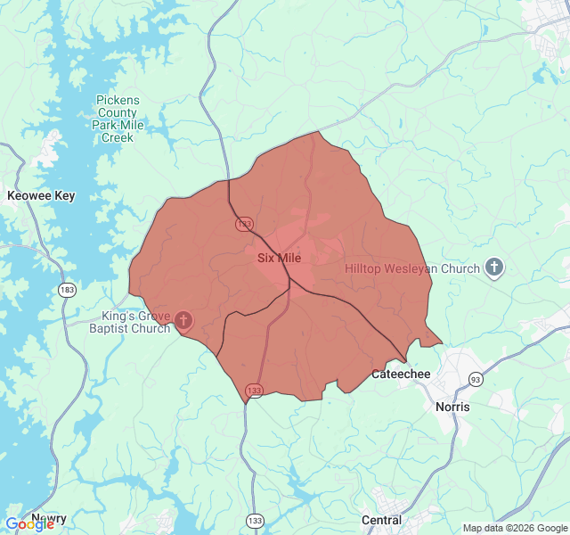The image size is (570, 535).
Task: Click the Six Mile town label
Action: click(279, 258)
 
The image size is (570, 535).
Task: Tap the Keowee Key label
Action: click(41, 195)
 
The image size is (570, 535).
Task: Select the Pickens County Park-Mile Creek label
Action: click(118, 119)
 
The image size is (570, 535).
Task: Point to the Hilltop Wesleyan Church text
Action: click(412, 268)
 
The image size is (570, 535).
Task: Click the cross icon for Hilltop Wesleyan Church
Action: click(494, 267)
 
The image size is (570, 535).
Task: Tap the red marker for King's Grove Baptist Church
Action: click(183, 320)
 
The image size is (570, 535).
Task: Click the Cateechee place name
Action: click(401, 374)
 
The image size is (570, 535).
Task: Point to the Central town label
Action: click(381, 520)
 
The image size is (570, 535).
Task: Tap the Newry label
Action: click(49, 517)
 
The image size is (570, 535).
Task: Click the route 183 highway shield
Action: click(67, 290)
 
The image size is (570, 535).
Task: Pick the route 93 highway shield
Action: click(476, 380)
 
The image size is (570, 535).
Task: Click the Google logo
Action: click(28, 523)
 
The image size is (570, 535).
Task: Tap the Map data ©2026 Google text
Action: click(515, 528)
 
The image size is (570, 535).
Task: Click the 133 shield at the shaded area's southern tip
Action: click(255, 391)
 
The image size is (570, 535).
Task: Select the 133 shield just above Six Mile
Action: click(243, 222)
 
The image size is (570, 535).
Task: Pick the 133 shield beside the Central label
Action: click(256, 520)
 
